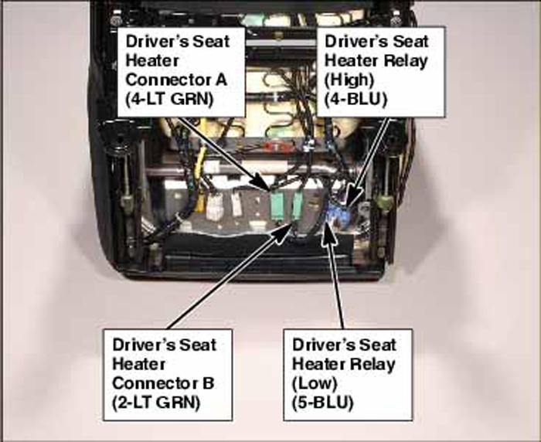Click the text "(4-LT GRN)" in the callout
169,100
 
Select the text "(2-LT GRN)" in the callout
156,403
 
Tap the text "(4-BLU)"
356,100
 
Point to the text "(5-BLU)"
323,403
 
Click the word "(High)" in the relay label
349,80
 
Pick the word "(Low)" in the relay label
315,383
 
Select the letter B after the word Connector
208,383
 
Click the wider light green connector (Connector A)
277,206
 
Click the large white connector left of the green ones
215,206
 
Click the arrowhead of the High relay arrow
352,196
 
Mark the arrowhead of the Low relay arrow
328,235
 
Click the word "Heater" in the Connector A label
152,61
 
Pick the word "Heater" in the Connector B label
139,364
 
